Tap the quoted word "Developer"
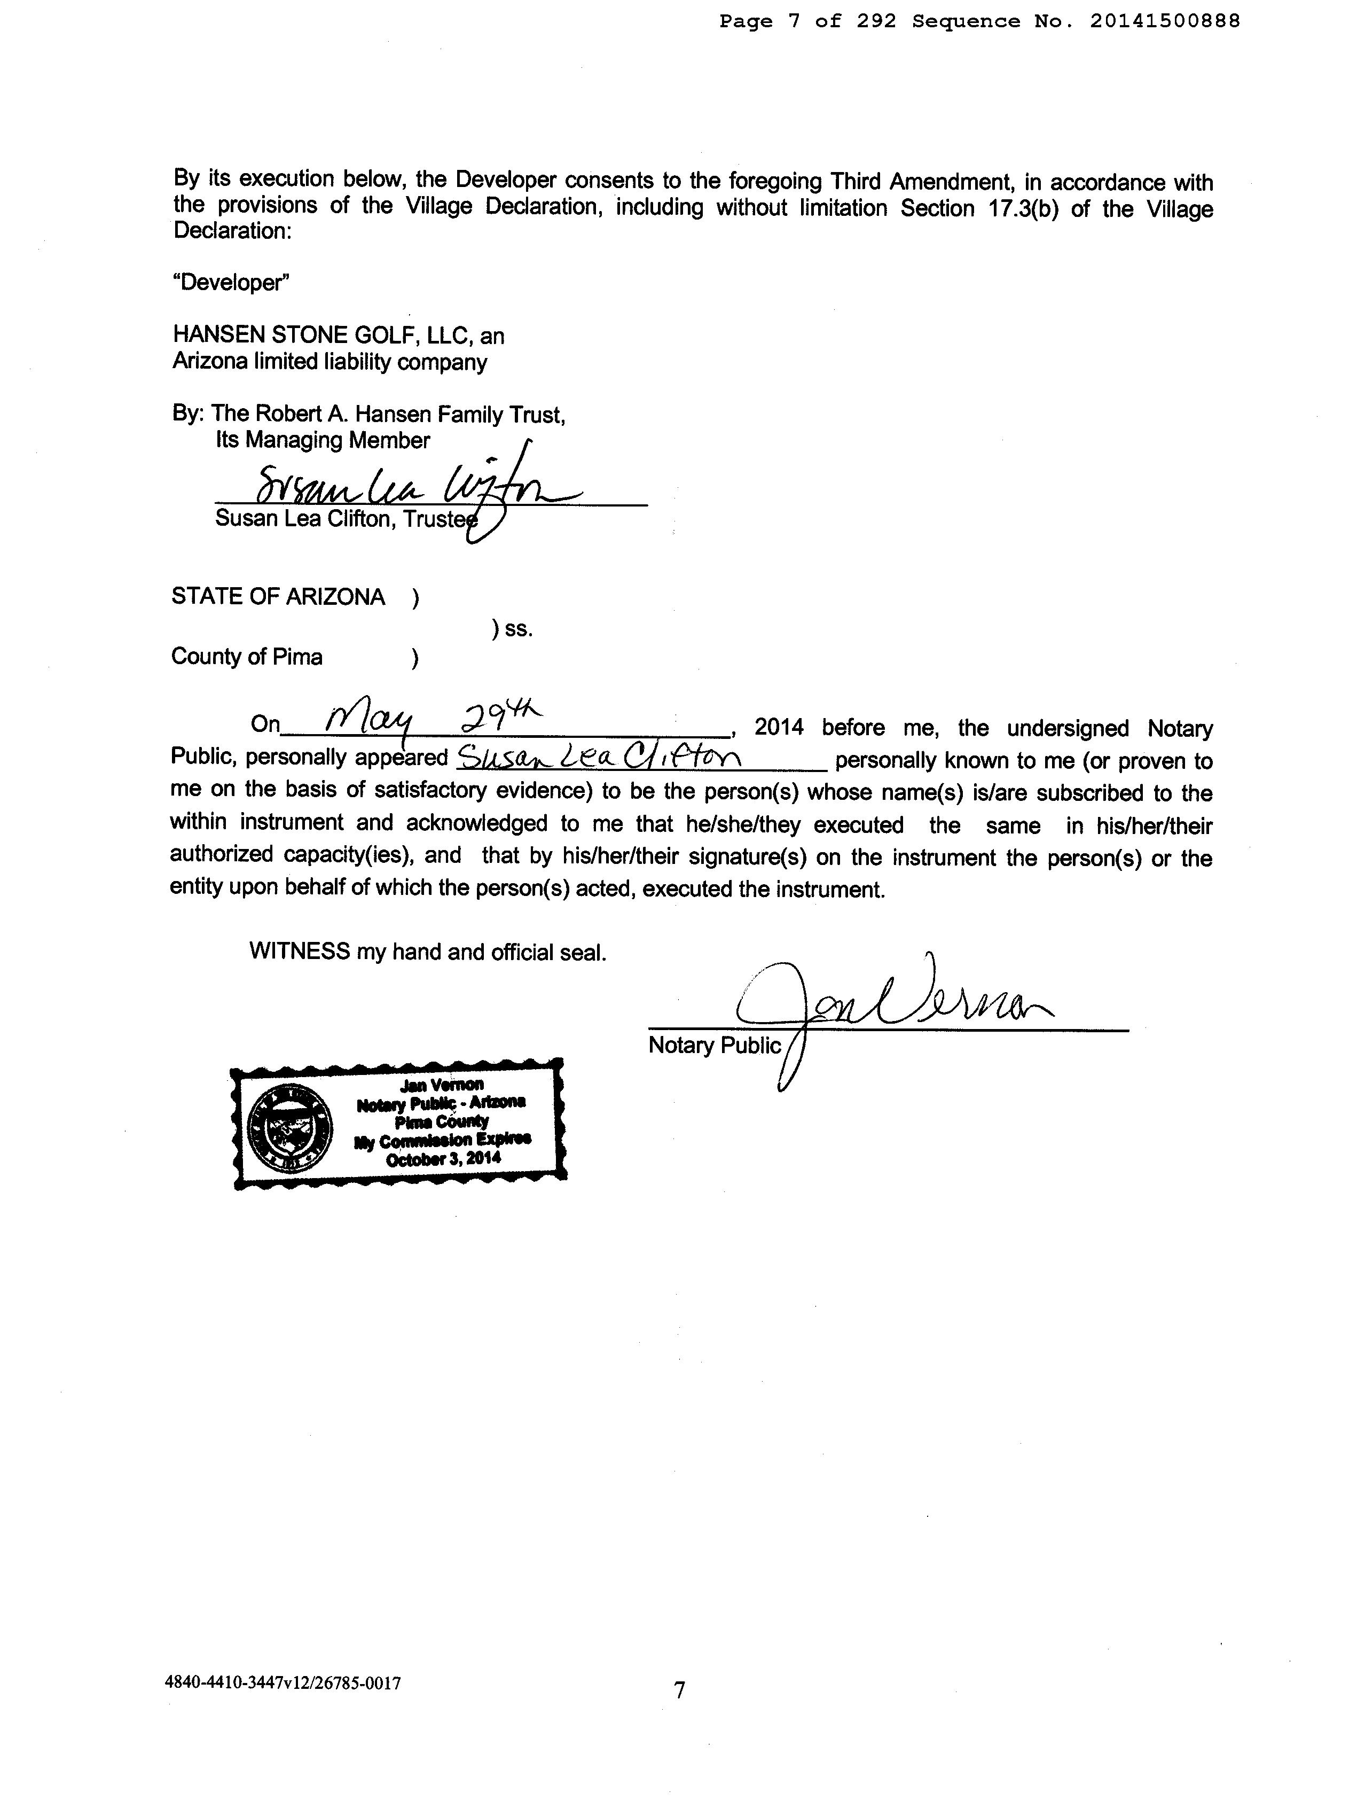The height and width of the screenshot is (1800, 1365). click(231, 283)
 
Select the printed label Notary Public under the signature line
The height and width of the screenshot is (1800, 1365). click(713, 1045)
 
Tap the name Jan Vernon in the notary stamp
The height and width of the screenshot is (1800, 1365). click(442, 1085)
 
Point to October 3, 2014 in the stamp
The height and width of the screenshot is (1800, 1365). click(443, 1158)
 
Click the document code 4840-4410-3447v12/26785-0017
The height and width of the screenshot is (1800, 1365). click(283, 1682)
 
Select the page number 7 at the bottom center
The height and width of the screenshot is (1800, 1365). click(679, 1690)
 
